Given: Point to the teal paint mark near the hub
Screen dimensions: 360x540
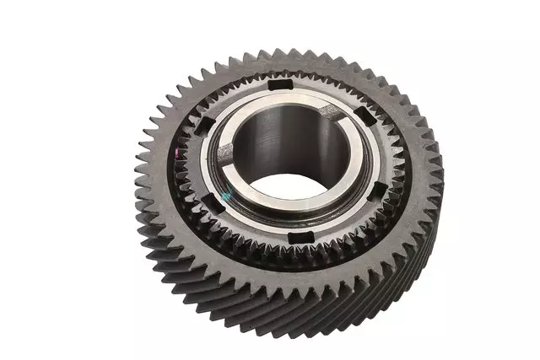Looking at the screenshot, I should pos(225,195).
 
